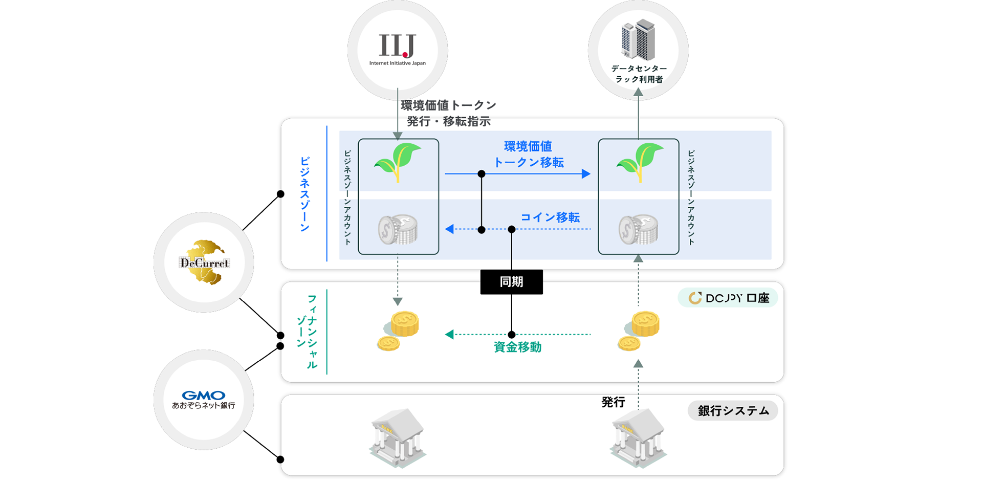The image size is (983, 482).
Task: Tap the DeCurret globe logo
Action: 205,262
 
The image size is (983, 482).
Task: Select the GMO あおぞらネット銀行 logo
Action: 204,399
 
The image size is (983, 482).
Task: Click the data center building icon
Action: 638,40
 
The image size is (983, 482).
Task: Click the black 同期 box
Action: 511,282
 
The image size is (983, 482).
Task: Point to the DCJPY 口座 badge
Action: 728,298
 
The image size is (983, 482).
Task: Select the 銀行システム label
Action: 733,411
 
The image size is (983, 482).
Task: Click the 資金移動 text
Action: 517,347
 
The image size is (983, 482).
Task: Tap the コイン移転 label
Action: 550,217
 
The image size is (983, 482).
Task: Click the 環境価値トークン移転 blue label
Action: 528,155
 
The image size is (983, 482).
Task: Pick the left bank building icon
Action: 398,437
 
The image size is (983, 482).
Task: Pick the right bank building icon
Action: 638,437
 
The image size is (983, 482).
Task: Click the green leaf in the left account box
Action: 398,161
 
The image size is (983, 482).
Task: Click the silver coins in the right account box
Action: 638,229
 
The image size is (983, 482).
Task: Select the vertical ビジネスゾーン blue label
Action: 304,194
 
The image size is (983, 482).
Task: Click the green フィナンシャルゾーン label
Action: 308,332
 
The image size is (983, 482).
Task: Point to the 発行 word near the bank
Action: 613,402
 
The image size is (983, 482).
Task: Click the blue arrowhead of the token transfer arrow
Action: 586,174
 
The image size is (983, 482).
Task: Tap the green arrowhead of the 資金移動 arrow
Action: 449,335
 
